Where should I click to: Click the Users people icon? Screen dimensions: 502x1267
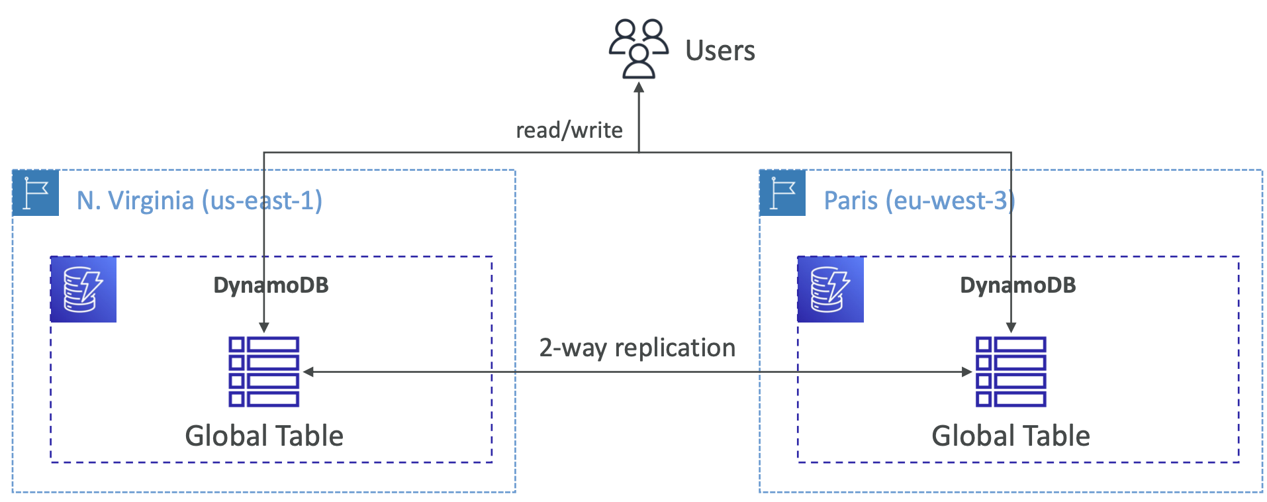click(x=638, y=48)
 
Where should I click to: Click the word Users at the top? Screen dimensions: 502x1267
click(x=720, y=50)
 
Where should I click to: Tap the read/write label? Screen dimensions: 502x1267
click(x=569, y=130)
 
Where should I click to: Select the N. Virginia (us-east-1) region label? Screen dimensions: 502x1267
click(x=199, y=200)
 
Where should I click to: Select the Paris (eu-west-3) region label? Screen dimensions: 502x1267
click(x=919, y=200)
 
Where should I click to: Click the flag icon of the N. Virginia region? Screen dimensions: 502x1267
click(x=36, y=193)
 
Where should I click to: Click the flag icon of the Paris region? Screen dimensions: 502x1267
click(x=782, y=193)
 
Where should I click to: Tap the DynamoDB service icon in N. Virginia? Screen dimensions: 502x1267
click(x=83, y=289)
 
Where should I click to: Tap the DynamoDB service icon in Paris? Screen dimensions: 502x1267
click(x=830, y=289)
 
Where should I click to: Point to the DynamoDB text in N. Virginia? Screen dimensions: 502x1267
click(x=271, y=285)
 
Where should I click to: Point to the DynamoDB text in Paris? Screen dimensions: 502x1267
click(x=1017, y=285)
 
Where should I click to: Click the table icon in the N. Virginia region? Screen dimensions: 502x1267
click(x=263, y=372)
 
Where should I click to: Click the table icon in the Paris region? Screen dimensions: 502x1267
click(x=1010, y=372)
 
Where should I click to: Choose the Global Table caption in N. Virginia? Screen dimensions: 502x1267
click(x=264, y=436)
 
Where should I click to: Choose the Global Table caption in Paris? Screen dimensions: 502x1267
click(x=1010, y=436)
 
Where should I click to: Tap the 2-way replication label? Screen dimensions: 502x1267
click(x=637, y=347)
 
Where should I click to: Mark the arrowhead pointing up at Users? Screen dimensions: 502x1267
click(x=639, y=87)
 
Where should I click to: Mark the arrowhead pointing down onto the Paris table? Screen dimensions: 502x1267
click(x=1011, y=327)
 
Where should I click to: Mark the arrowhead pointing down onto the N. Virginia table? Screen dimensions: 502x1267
click(x=263, y=327)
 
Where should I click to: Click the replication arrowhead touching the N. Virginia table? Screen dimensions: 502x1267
click(x=308, y=372)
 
